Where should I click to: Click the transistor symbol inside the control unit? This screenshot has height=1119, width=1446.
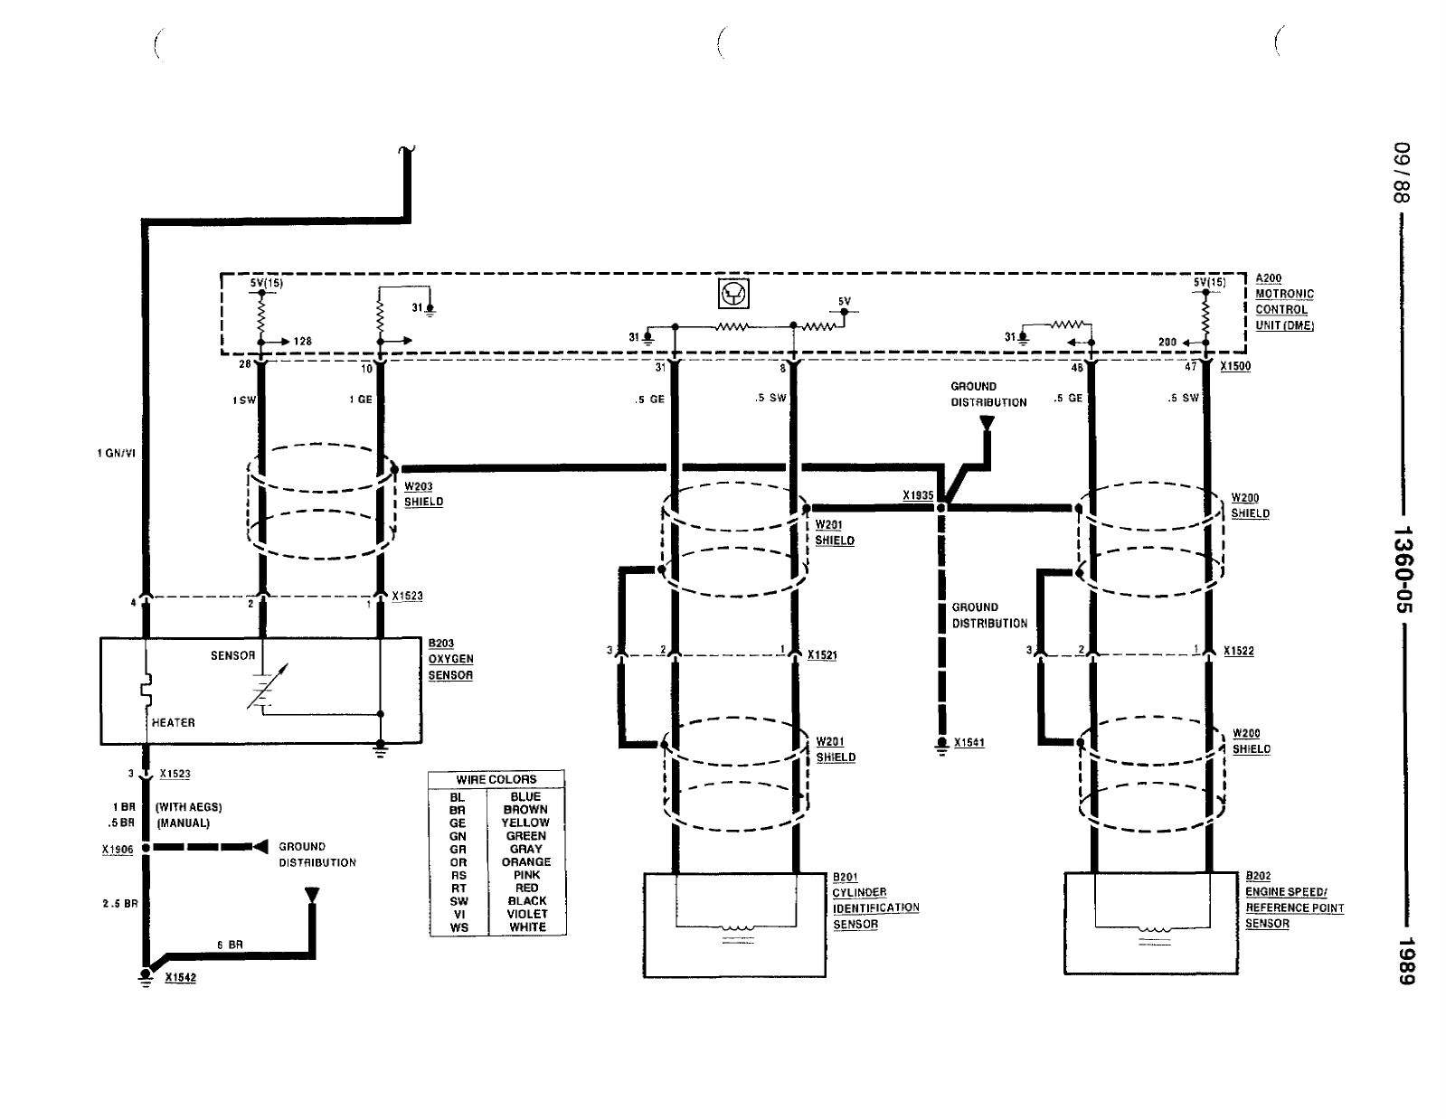tap(733, 293)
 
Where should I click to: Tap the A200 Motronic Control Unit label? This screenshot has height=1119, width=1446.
tap(1284, 302)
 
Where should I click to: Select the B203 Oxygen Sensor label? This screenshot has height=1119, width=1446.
tap(450, 659)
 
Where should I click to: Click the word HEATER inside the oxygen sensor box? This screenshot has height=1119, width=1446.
tap(173, 722)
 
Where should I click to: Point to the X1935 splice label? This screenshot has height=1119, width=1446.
tap(918, 495)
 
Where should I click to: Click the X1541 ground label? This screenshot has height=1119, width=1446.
tap(969, 743)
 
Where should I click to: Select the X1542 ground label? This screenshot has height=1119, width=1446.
tap(180, 977)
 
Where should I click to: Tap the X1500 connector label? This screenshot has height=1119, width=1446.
tap(1235, 366)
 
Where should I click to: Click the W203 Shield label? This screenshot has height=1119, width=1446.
tap(423, 494)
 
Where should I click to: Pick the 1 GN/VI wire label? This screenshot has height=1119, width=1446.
tap(116, 454)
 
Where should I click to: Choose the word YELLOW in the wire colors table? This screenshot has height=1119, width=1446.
tap(525, 823)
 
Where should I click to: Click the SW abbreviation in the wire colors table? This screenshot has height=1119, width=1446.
tap(458, 901)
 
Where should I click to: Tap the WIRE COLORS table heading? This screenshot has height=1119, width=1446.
tap(496, 779)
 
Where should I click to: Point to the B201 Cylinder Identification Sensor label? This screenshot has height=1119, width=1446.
tap(875, 900)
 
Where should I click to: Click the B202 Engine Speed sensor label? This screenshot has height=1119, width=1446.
tap(1294, 899)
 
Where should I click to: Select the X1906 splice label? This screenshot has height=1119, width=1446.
tap(118, 850)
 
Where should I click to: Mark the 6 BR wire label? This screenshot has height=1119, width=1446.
tap(230, 945)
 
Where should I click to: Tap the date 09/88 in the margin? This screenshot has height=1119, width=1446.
tap(1402, 172)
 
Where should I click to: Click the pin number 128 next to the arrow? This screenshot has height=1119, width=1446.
tap(303, 341)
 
